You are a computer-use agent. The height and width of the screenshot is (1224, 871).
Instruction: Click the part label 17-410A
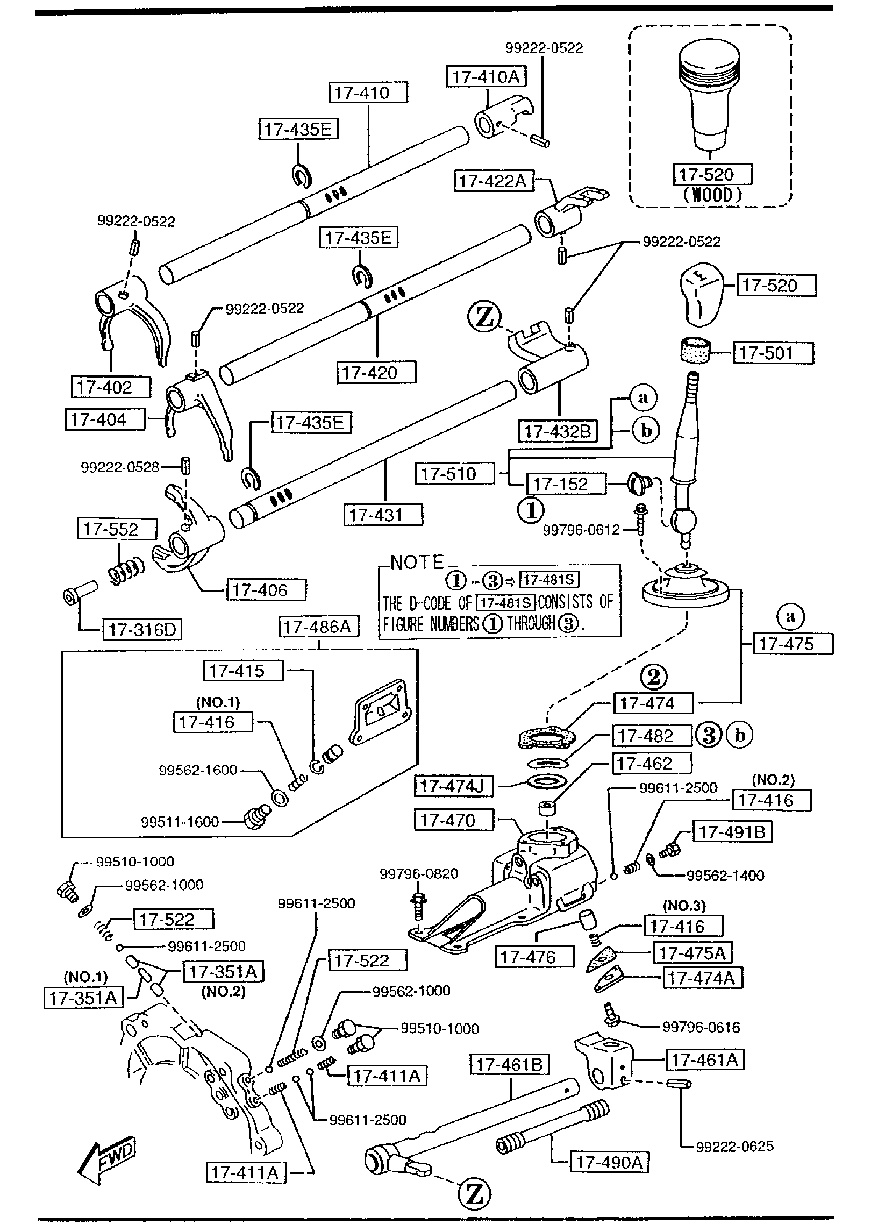coord(486,77)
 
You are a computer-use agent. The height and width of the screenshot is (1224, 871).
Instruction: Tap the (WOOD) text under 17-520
coord(712,195)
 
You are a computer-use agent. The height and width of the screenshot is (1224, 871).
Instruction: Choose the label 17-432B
coord(558,431)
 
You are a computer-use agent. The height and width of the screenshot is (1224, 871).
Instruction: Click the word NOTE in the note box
coord(417,563)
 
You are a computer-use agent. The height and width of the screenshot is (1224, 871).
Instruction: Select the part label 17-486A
coord(318,627)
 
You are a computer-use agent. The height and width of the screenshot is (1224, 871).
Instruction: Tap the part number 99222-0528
coord(120,468)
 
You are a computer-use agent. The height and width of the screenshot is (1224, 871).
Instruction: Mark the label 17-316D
coord(142,630)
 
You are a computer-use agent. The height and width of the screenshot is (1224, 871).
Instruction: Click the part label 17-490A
coord(609,1163)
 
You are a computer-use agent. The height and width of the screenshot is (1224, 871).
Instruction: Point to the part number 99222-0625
coord(734,1147)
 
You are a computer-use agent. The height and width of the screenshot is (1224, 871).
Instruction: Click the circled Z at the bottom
coord(474,1195)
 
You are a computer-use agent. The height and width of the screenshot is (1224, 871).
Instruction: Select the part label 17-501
coord(773,353)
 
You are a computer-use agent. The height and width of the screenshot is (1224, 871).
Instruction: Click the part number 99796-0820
coord(419,874)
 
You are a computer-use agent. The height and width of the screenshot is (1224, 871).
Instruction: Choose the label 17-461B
coord(510,1064)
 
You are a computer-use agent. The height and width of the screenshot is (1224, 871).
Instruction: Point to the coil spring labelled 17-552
coord(127,571)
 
